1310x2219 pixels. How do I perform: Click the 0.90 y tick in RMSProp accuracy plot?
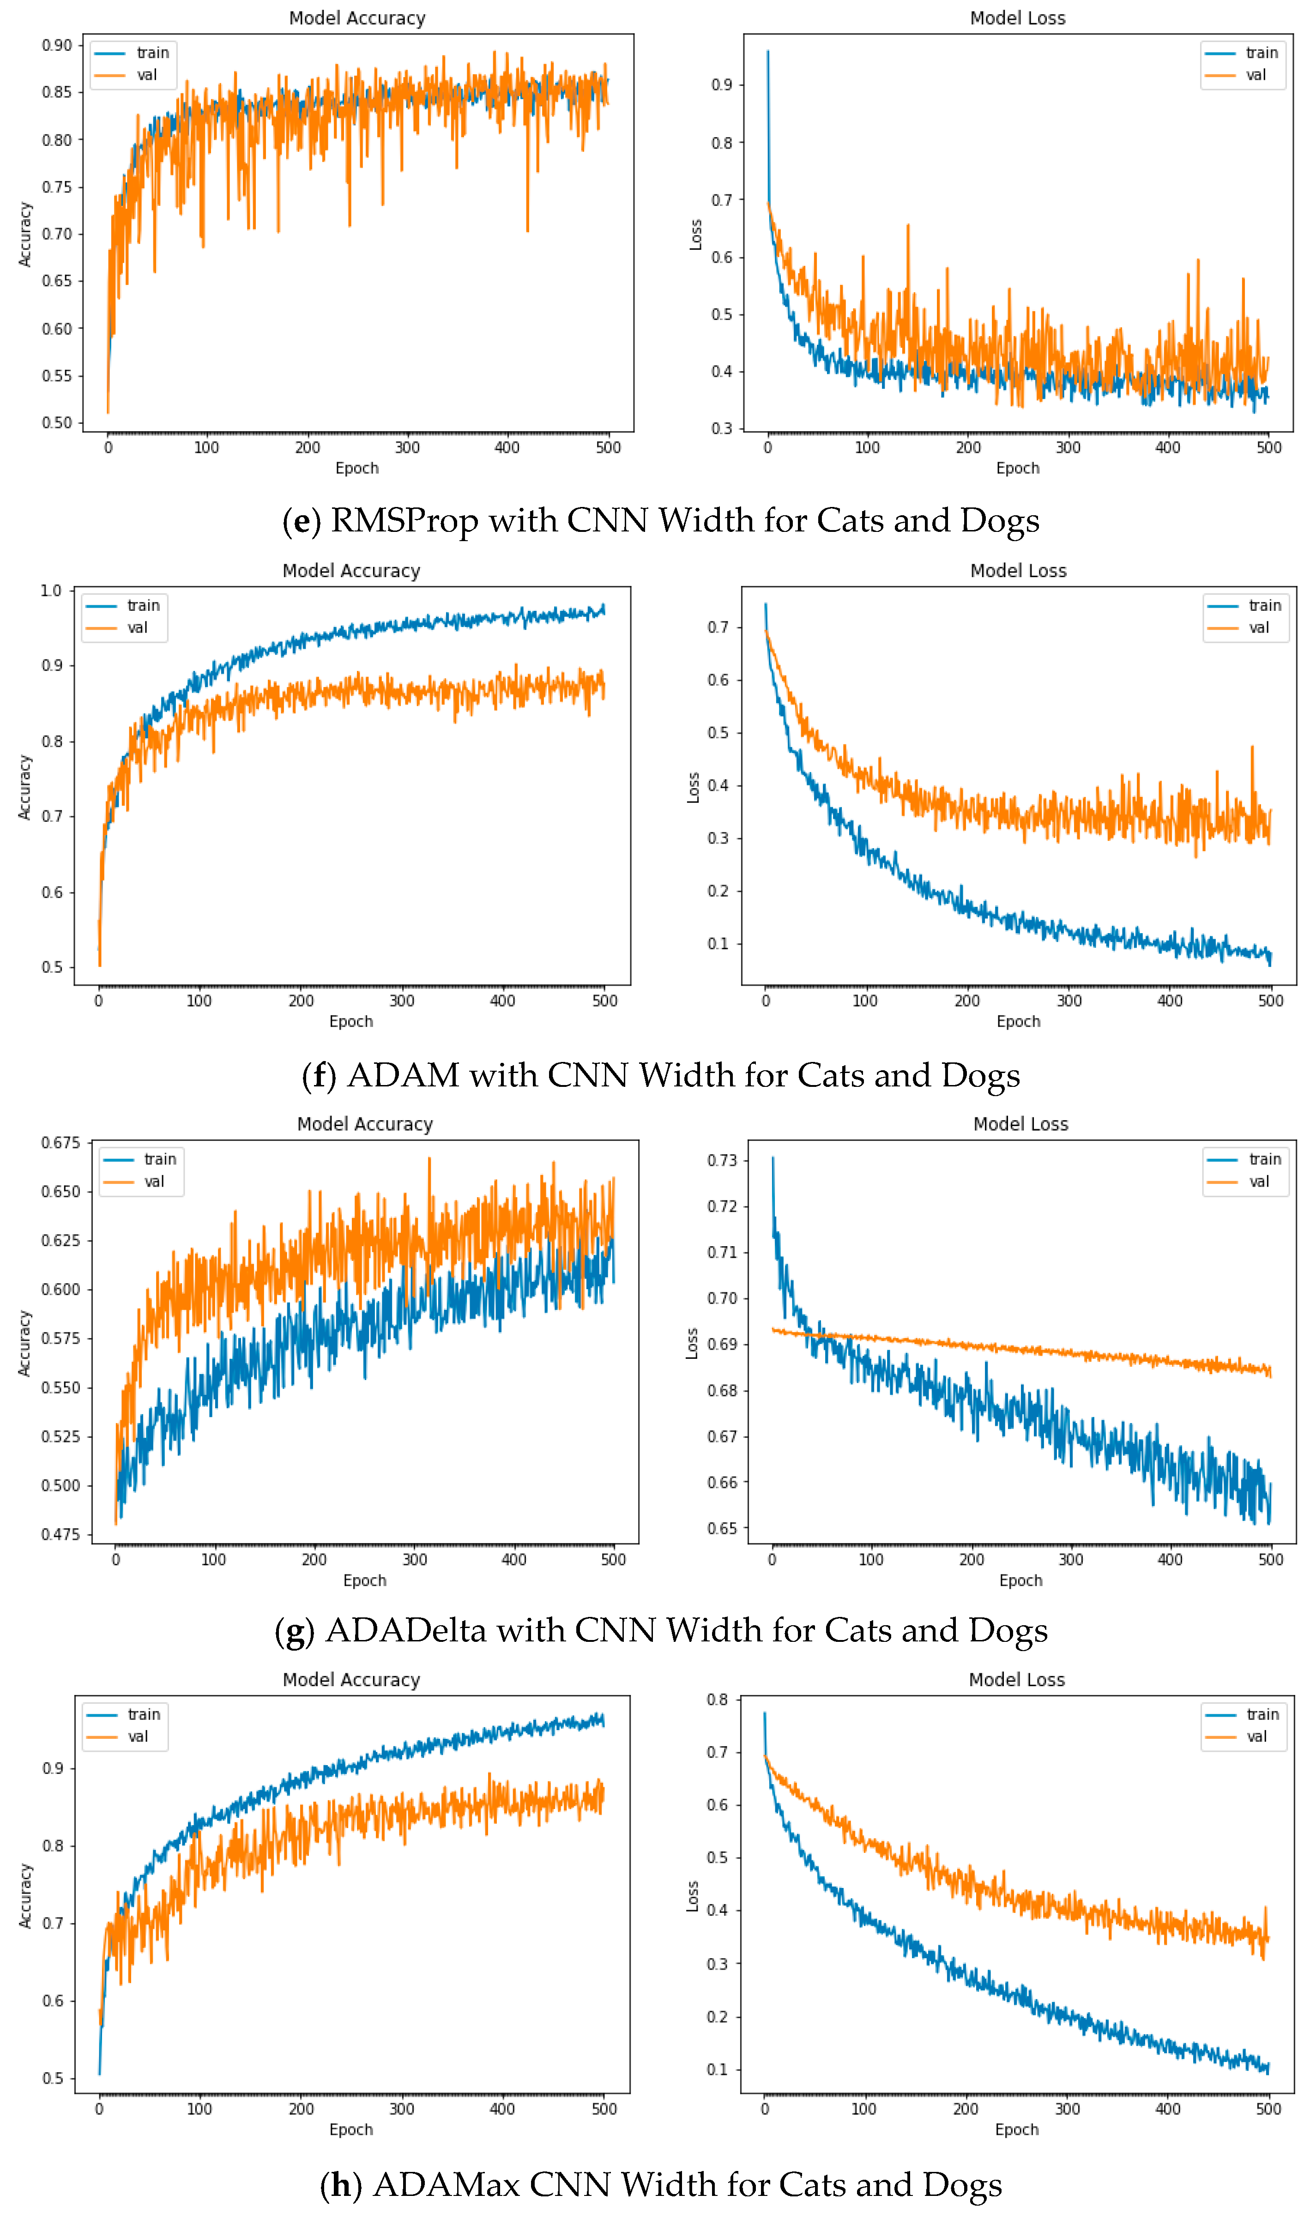tap(56, 45)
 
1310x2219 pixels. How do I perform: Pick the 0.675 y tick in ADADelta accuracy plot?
tap(60, 1143)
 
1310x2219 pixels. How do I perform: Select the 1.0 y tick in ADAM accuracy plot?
tap(51, 591)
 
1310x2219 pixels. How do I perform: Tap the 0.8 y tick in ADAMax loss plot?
tap(718, 1700)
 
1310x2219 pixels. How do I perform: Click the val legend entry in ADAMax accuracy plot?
tap(138, 1736)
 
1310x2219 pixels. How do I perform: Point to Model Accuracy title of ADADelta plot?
tap(365, 1124)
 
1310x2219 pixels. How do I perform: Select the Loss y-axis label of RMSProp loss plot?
tap(695, 235)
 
